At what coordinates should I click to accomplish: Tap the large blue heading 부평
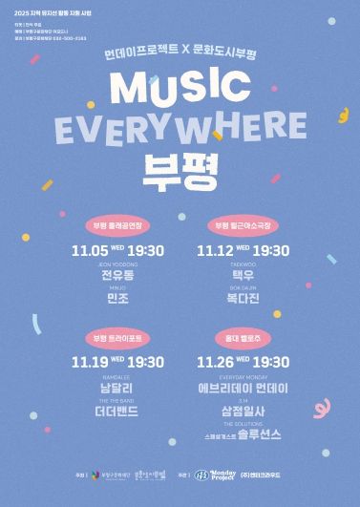click(180, 170)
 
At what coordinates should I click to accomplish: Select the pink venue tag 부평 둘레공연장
click(118, 226)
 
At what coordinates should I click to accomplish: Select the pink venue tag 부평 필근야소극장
click(243, 226)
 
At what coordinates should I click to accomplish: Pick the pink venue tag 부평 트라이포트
click(118, 337)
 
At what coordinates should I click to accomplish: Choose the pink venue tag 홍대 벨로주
click(243, 337)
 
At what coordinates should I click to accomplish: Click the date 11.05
click(92, 251)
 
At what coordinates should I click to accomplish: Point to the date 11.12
click(215, 251)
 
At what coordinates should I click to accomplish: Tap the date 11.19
click(92, 362)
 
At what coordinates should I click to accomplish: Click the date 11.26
click(215, 362)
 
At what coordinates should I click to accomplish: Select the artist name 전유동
click(118, 275)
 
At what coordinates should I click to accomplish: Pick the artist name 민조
click(118, 298)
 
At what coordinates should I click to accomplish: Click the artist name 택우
click(243, 275)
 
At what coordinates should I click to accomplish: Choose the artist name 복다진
click(243, 298)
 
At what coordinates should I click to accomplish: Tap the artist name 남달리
click(118, 388)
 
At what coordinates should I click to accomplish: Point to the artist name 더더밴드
click(118, 411)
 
